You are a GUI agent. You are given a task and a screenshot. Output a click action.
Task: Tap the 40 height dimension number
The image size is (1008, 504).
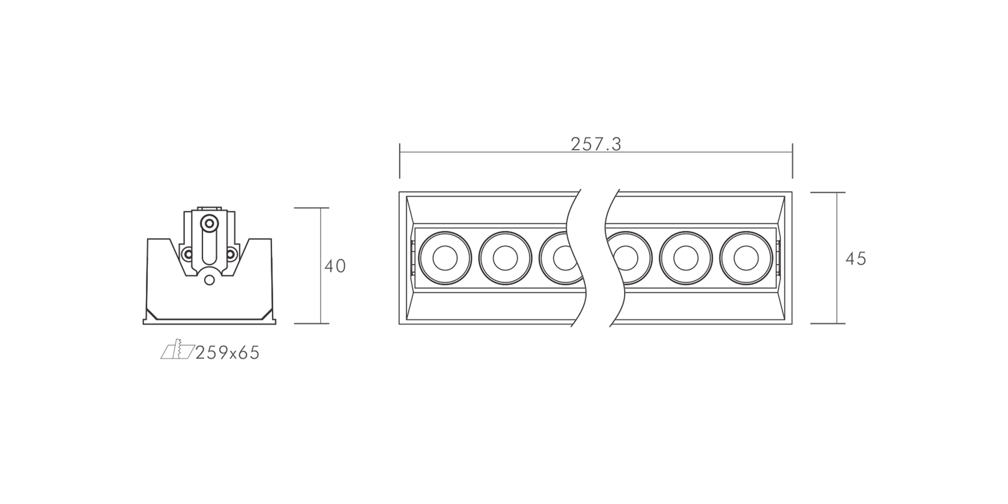tap(335, 266)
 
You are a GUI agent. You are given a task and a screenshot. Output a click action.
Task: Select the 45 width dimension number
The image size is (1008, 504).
tap(856, 259)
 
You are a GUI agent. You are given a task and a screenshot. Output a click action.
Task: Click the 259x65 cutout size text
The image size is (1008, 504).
tap(227, 353)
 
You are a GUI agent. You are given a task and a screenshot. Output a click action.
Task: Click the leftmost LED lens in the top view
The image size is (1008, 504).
tap(445, 258)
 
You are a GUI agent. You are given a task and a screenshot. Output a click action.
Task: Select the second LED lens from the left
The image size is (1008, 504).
tap(505, 258)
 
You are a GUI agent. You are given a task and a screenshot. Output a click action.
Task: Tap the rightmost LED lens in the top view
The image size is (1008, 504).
tap(746, 258)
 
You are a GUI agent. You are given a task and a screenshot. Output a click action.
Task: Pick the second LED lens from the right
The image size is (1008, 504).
tap(685, 258)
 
